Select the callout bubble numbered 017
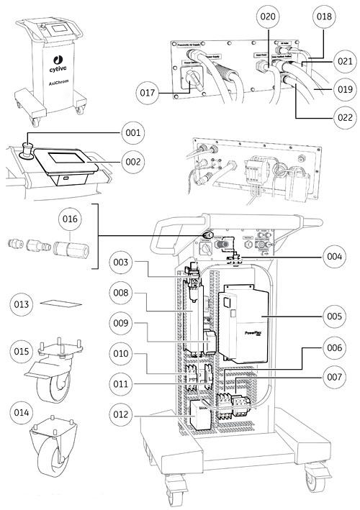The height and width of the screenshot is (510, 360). click(x=148, y=92)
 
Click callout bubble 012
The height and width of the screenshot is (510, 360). click(x=122, y=416)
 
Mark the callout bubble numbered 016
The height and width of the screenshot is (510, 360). click(x=71, y=217)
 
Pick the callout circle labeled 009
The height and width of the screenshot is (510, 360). click(x=122, y=323)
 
